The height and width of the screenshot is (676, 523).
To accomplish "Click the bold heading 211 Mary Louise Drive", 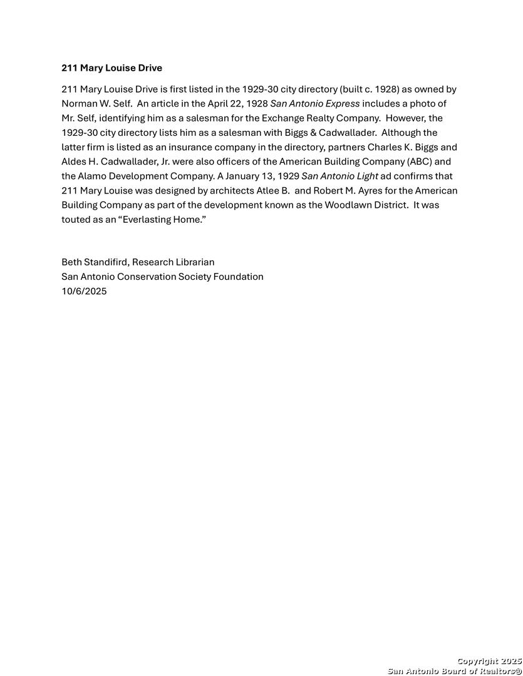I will tap(111, 68).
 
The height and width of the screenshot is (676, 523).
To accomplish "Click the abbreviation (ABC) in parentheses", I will tap(420, 161).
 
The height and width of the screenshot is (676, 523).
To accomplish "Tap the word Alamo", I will tap(92, 176).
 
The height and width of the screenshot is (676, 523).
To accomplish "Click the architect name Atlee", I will tap(269, 190).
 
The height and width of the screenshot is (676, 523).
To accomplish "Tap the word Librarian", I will tap(192, 262).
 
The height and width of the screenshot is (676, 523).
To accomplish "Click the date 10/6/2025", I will tap(84, 291).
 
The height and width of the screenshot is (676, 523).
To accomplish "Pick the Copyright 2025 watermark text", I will tap(489, 661).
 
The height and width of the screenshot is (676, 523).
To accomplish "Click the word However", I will tap(405, 118).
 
